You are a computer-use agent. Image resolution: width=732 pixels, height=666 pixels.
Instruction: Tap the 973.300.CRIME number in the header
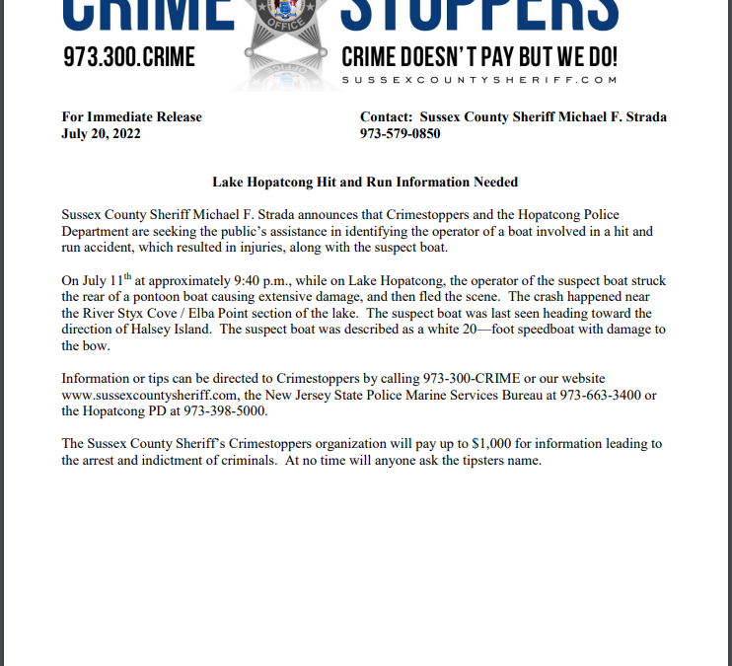[x=129, y=57]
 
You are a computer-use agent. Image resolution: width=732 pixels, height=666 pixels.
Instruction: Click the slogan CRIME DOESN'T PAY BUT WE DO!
[x=479, y=57]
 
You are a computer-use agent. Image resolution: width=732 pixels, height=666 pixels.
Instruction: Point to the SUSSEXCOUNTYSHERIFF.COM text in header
[x=479, y=79]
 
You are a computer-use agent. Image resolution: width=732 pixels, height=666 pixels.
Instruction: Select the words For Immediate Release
[x=131, y=116]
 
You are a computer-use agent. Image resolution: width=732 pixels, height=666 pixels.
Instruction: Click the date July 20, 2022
[x=101, y=133]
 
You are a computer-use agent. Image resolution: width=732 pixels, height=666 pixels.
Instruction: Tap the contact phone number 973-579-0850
[x=400, y=133]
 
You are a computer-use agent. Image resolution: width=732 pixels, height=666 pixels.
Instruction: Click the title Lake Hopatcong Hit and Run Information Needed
[x=365, y=182]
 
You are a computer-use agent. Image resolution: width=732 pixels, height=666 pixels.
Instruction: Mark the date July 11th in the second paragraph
[x=102, y=281]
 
